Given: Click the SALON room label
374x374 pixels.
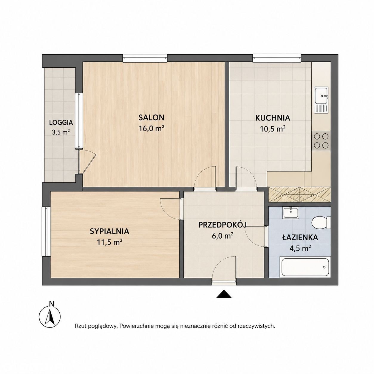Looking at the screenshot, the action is point(151,118).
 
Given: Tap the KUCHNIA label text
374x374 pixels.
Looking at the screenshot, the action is point(273,118).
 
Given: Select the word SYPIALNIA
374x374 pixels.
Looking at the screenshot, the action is point(109,231).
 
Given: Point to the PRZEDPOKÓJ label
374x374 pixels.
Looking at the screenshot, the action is point(222,225).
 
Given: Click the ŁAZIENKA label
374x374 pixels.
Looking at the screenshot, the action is point(300,237).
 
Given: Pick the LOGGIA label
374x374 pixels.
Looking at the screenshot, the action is point(61,123).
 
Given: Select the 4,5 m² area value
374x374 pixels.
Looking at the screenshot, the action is point(300,248).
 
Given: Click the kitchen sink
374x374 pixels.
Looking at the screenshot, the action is point(321,100).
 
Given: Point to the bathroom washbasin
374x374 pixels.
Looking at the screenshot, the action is point(291,213).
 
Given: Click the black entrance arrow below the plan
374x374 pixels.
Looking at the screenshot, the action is point(224,294).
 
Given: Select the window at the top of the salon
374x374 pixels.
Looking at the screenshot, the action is point(145,58).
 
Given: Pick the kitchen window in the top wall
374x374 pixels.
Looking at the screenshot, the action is point(277,58).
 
